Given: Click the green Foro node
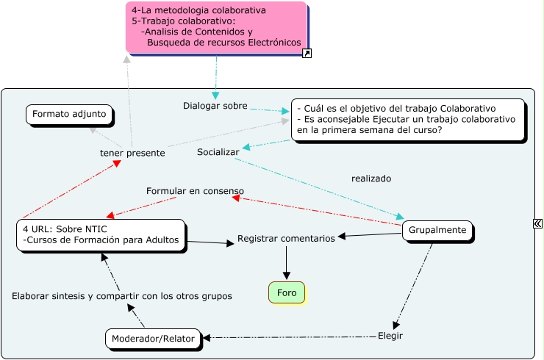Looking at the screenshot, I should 287,292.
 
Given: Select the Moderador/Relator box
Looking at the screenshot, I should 153,339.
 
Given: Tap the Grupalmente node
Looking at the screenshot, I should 437,230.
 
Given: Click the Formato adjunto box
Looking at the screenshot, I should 70,115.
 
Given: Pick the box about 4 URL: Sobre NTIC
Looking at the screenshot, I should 101,234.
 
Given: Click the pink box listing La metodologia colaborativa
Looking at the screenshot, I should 216,27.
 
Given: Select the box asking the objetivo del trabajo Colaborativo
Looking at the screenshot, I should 408,119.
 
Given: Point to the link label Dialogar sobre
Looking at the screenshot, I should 215,106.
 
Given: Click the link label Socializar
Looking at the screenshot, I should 218,152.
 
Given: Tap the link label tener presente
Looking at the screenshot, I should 132,153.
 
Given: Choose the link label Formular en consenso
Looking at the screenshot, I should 195,191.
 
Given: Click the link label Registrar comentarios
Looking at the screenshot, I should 286,239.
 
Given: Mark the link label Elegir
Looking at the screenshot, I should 390,336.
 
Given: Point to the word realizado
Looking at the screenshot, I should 371,179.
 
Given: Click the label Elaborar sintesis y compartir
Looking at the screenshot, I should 122,296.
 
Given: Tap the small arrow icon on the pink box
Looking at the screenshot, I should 307,53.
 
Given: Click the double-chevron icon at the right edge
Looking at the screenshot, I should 537,224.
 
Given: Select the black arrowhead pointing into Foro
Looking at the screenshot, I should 287,275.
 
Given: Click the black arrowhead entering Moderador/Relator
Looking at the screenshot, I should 207,338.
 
